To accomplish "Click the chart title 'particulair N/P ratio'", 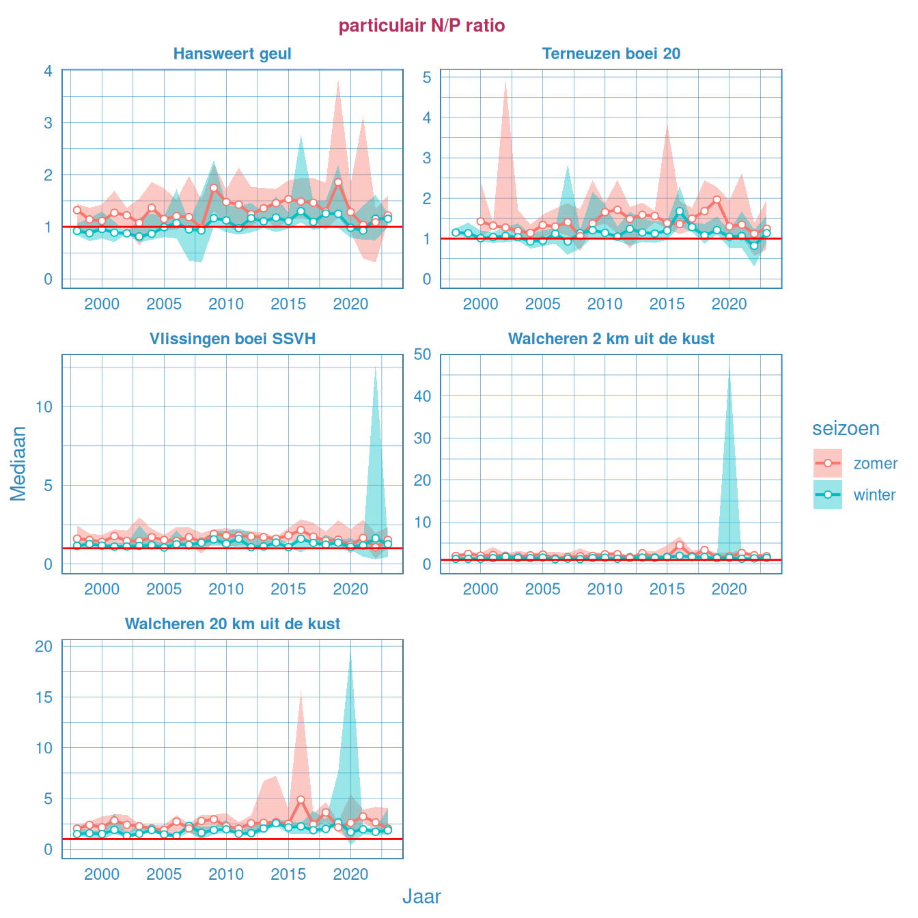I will point(421,26).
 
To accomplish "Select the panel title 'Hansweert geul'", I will point(232,54).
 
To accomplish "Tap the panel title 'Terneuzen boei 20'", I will point(611,54).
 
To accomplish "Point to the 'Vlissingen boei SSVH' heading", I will point(232,339).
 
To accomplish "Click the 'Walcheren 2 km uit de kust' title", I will point(611,339).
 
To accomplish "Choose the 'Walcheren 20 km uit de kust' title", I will point(232,624).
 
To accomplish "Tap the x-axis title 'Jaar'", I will point(421,897).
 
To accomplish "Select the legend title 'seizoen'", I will point(846,429).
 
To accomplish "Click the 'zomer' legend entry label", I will point(875,464).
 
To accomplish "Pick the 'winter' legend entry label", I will point(874,495).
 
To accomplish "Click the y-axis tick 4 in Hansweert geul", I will point(48,71).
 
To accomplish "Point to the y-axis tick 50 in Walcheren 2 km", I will point(422,354).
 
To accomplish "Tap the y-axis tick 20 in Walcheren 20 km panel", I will point(44,646).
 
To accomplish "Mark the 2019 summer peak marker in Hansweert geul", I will point(338,182).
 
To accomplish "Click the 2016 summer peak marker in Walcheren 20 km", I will point(301,799).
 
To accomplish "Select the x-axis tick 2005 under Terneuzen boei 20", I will point(542,305).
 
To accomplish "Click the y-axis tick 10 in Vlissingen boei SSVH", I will point(44,407).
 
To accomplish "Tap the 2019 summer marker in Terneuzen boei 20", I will point(717,199).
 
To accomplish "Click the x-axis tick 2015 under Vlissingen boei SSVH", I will point(288,589).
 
